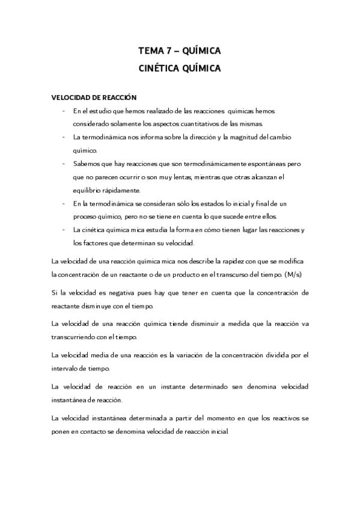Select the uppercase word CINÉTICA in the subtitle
coord(159,69)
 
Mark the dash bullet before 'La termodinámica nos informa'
coord(63,137)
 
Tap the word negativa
coord(108,293)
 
